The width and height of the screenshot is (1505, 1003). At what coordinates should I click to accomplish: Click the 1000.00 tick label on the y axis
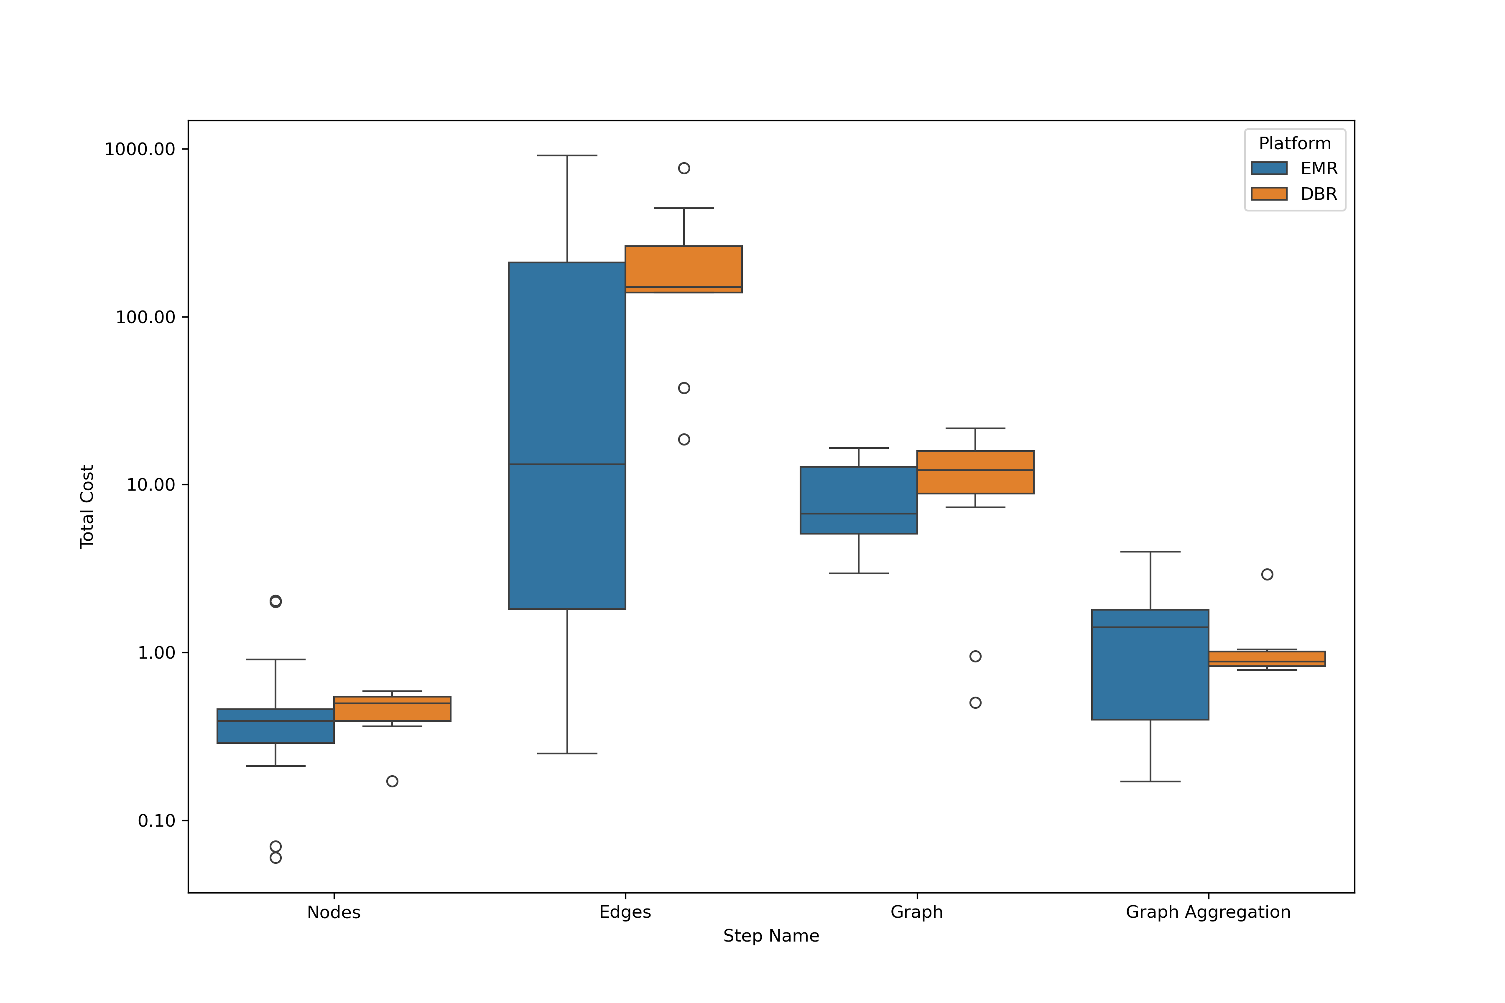tap(140, 149)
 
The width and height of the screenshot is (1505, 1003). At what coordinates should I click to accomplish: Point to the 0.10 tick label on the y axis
tap(156, 821)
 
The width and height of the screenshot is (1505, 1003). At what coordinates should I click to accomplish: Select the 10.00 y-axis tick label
tap(150, 485)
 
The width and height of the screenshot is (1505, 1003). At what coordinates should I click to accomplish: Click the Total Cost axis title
tap(87, 507)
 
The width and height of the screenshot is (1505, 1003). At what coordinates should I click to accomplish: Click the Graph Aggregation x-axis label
tap(1207, 912)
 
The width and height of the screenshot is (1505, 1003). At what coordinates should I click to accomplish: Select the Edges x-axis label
tap(625, 912)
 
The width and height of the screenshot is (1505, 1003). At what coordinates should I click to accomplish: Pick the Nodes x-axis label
tap(333, 912)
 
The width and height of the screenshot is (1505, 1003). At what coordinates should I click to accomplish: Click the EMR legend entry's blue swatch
tap(1269, 168)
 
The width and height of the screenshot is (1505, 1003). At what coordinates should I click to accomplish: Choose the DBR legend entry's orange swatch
tap(1269, 194)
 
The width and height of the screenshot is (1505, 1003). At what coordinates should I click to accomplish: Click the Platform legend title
tap(1294, 143)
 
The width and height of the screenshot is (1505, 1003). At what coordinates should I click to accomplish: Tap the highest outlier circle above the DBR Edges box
tap(684, 168)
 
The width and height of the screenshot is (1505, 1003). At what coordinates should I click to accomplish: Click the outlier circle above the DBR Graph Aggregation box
tap(1267, 574)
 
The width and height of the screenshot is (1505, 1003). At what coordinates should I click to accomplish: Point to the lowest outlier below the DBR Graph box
tap(975, 703)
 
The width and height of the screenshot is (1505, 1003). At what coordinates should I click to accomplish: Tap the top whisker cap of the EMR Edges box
tap(567, 155)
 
